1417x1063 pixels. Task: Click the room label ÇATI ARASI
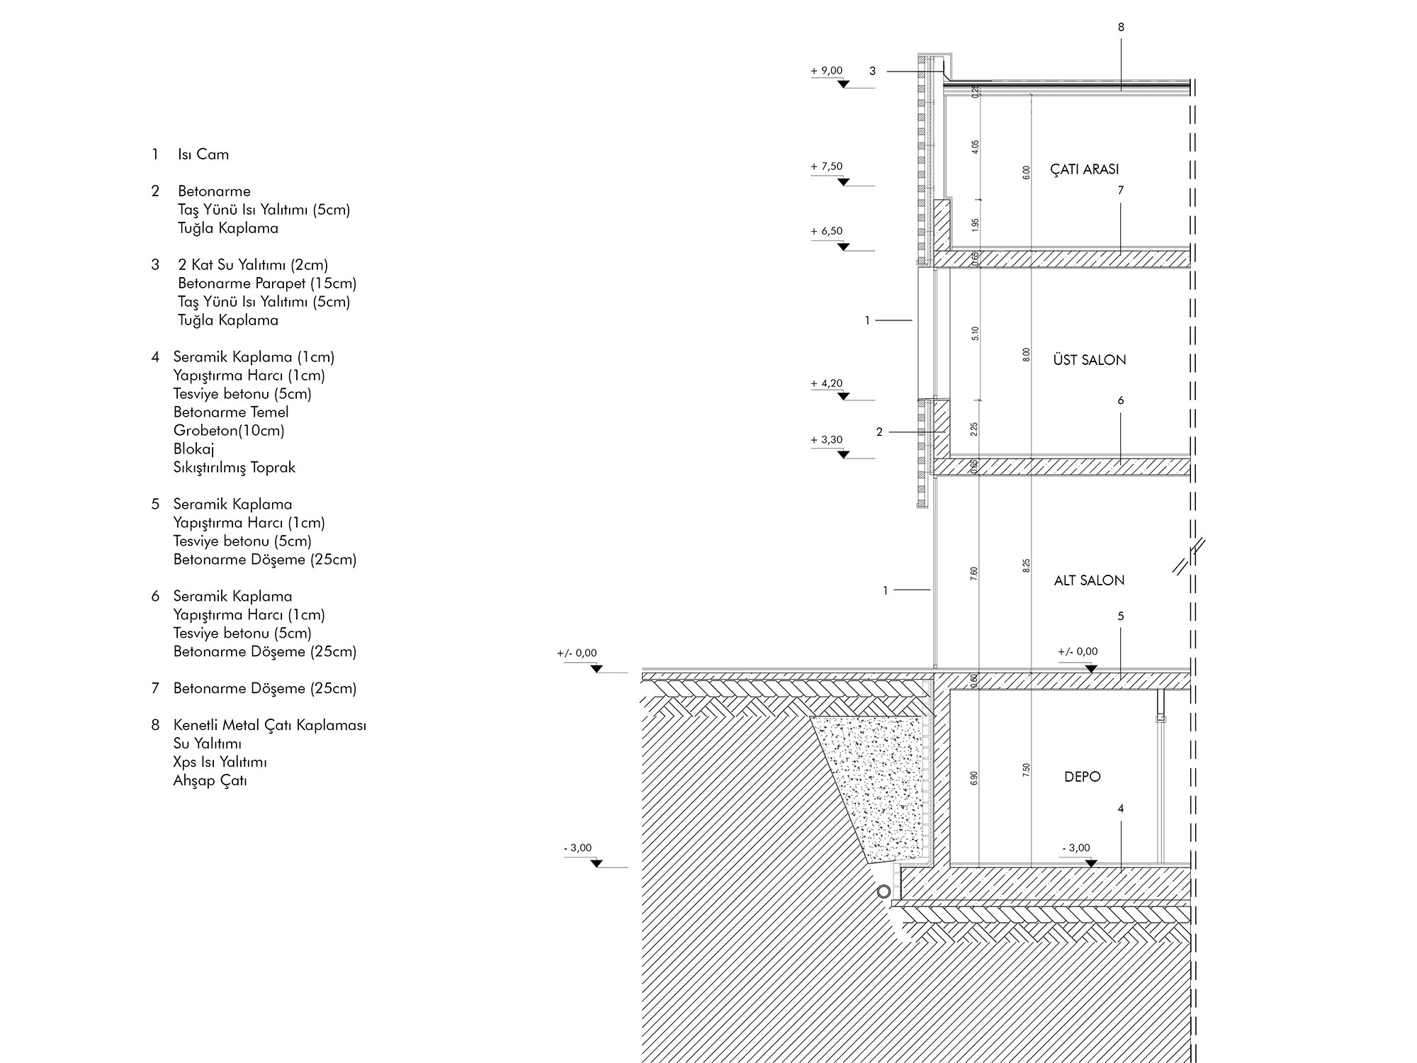point(1084,169)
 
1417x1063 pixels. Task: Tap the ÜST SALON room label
point(1089,360)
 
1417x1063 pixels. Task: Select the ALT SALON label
point(1089,580)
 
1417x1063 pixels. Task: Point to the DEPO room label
point(1082,777)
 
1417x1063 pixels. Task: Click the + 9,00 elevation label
point(827,71)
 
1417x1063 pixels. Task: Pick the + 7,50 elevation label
point(827,167)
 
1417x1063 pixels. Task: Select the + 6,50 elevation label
point(827,231)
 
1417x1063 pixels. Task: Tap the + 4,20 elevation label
point(827,383)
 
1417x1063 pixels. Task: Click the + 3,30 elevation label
point(827,439)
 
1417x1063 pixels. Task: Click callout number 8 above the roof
point(1121,28)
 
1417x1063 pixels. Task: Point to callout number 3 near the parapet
point(873,71)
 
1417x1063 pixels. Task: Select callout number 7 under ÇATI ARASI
point(1121,190)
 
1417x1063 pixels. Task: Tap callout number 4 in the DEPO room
point(1121,809)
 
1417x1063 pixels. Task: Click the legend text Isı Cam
point(203,154)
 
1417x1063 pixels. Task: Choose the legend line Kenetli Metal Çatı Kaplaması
point(269,726)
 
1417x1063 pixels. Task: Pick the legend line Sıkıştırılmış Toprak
point(234,468)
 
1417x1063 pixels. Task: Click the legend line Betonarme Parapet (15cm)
point(267,283)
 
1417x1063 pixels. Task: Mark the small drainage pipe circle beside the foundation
point(883,892)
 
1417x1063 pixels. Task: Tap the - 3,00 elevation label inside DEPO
point(1076,848)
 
